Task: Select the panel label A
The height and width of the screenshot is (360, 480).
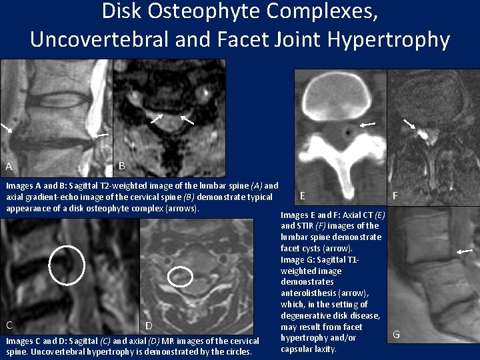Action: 9,167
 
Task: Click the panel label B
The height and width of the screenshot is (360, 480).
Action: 121,165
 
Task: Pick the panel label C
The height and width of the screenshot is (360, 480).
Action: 9,325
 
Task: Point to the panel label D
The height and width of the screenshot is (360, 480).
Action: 149,325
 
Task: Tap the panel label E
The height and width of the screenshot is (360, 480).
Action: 303,195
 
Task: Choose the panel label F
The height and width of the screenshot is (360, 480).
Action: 396,196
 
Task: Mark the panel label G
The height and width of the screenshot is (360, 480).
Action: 396,334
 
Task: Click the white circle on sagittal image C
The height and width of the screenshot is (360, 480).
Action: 67,265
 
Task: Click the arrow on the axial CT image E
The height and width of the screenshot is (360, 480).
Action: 367,124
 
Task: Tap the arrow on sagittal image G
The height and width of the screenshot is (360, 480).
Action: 465,251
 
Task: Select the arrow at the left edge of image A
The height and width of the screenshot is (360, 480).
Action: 6,127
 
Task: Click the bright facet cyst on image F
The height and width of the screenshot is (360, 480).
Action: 423,133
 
